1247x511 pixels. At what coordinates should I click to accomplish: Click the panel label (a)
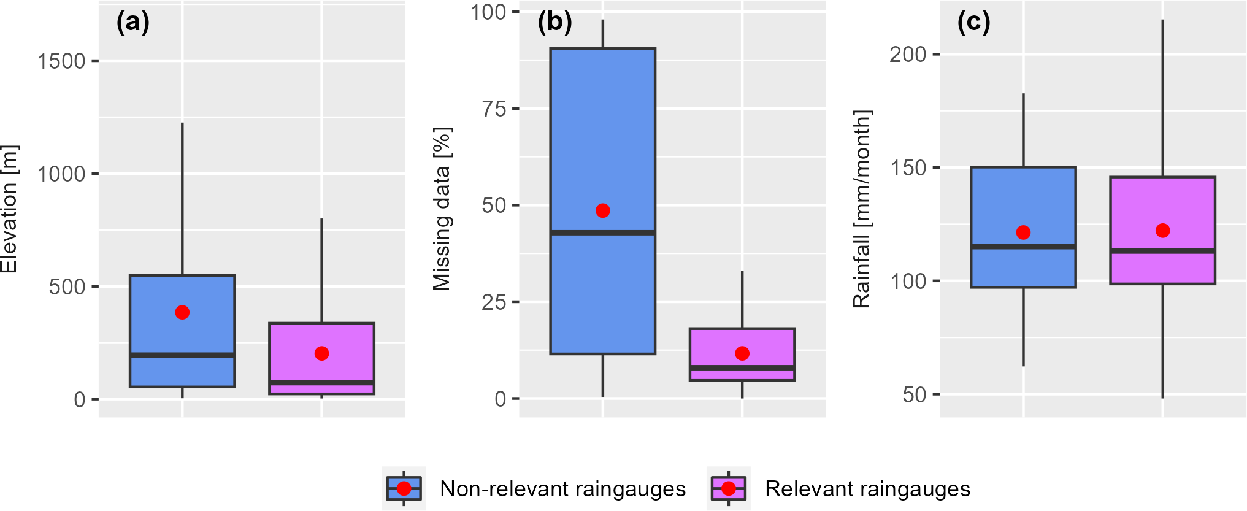(132, 23)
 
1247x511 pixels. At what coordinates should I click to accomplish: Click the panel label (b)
(554, 23)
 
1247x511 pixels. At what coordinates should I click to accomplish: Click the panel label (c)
(973, 23)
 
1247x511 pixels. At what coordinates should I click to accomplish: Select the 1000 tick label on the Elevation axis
(61, 174)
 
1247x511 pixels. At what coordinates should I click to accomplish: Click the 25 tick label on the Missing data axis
(494, 302)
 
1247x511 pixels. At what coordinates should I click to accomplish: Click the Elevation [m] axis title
(9, 209)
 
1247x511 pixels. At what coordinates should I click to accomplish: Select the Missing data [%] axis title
(442, 209)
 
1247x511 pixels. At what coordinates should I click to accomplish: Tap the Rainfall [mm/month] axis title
(862, 209)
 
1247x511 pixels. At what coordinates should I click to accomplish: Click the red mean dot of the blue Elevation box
(182, 312)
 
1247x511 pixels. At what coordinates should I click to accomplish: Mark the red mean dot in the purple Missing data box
(742, 353)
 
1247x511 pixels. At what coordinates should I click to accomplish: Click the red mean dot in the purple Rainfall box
(1162, 231)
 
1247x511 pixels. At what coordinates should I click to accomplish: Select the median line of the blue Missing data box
(603, 232)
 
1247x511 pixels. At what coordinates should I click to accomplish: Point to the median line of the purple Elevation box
(321, 383)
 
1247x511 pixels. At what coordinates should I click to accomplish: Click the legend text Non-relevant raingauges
(562, 489)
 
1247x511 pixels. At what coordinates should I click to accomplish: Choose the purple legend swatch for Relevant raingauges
(728, 489)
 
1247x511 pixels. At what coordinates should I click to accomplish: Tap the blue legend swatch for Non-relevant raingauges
(404, 489)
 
